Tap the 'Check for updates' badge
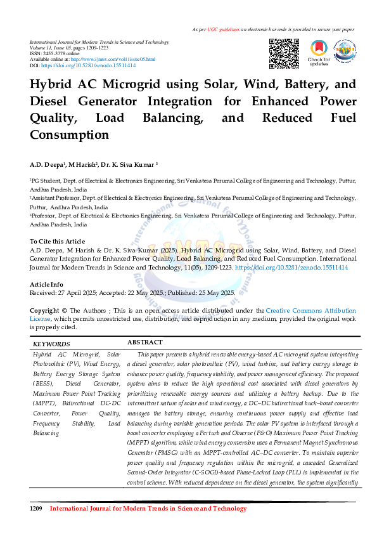(318, 53)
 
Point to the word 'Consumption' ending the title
(69, 134)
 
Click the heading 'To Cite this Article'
(57, 242)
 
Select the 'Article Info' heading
(46, 284)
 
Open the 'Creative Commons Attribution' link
(310, 311)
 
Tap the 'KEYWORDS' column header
(51, 343)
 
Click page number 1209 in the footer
(36, 509)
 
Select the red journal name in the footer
(148, 509)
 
